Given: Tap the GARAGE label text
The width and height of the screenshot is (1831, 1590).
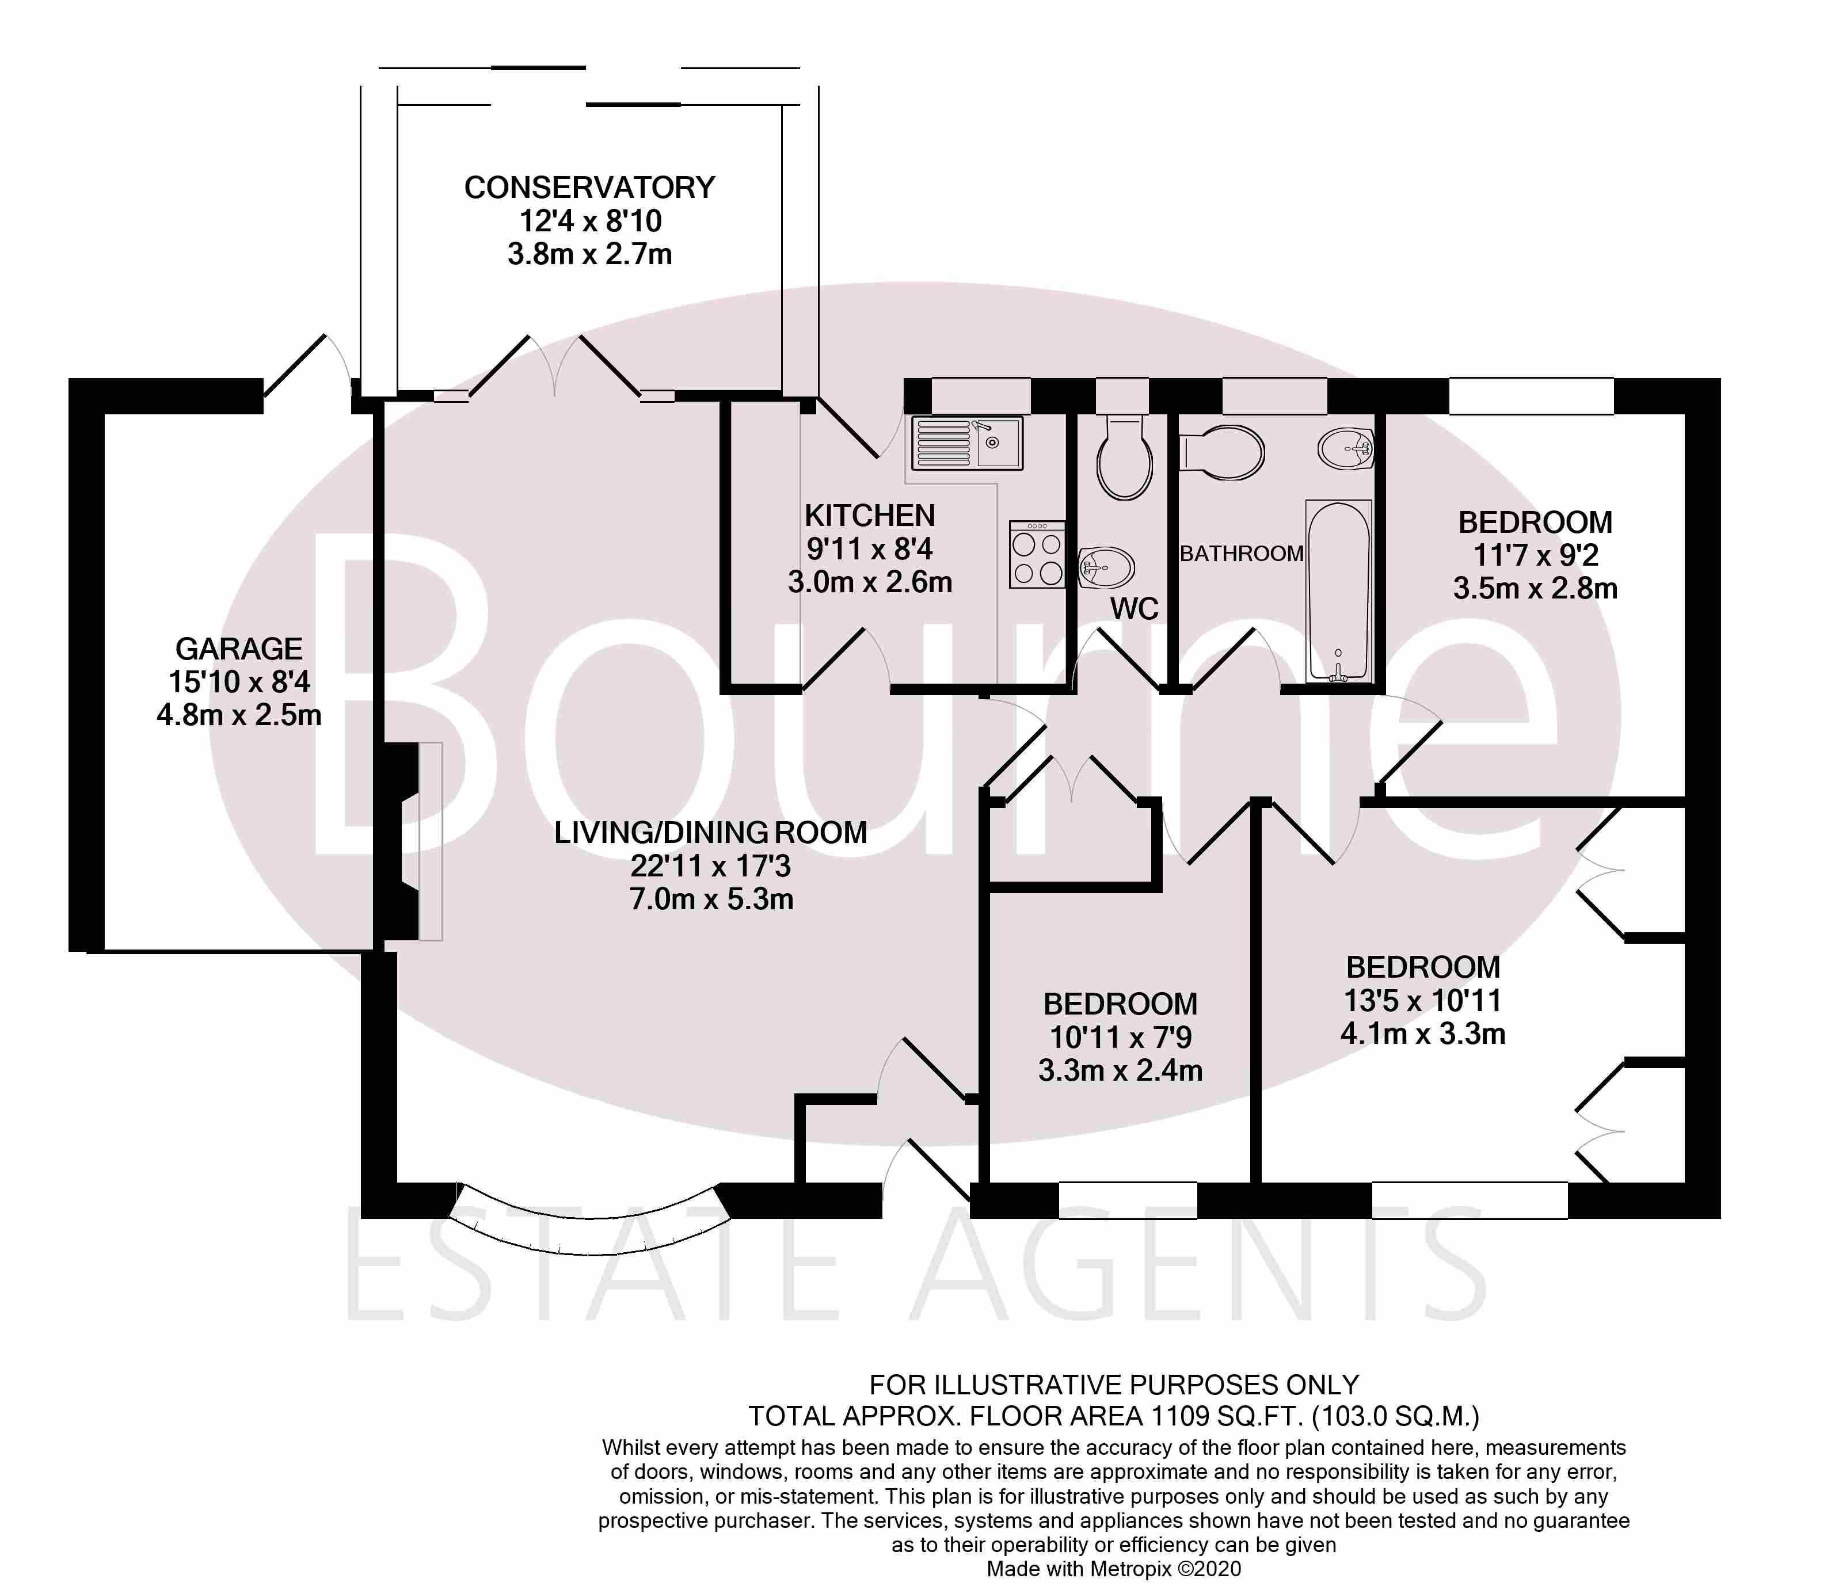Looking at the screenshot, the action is tap(239, 649).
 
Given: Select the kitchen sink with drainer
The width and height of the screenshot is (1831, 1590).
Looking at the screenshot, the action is tap(968, 443).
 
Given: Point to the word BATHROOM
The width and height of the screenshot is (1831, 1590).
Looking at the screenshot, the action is tap(1242, 554).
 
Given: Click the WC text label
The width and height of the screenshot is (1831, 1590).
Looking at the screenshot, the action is tap(1135, 609).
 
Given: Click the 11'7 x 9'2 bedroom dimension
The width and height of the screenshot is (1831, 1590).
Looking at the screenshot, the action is tap(1536, 555).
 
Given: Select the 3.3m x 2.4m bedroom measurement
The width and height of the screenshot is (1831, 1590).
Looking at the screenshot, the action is tap(1120, 1070).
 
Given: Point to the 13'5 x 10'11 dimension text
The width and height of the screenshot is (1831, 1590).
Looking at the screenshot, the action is tap(1423, 1000).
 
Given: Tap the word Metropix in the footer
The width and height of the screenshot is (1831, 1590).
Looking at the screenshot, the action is tap(1130, 1569).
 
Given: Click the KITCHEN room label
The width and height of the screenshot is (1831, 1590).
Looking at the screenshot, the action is tap(870, 516).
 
